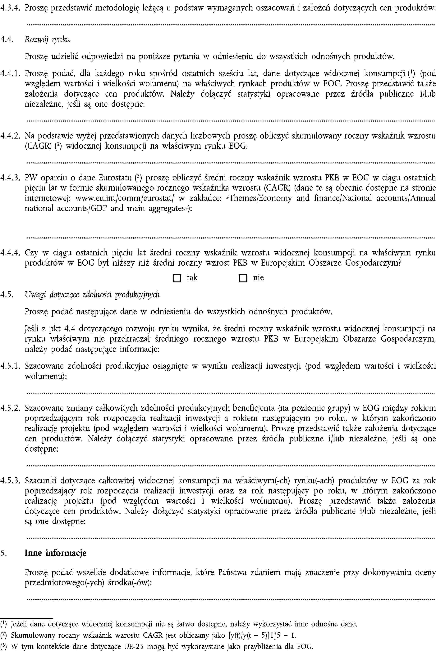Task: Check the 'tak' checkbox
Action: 177,278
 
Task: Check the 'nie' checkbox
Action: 243,278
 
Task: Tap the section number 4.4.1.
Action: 10,73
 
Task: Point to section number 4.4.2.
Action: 10,136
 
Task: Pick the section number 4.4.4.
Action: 10,253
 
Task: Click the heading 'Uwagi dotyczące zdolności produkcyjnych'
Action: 92,294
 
